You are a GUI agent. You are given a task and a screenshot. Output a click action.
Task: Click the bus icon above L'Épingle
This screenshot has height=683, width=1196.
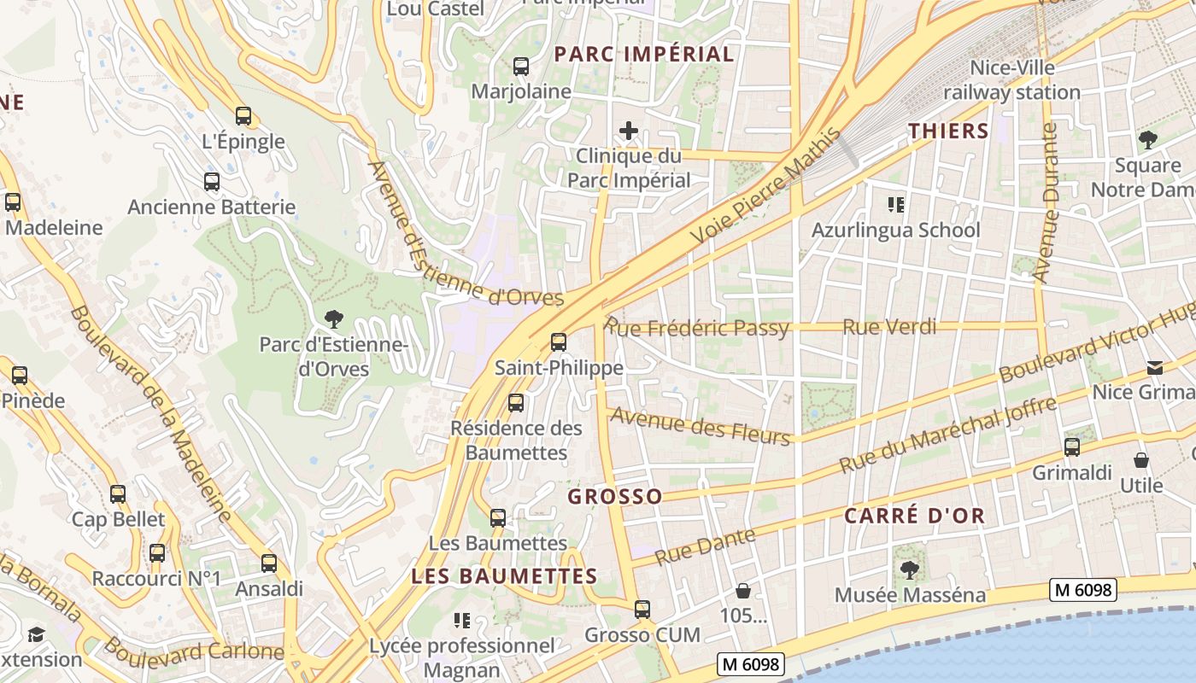[243, 116]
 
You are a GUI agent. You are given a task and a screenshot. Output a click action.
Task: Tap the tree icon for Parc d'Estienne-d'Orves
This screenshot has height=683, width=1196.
[334, 319]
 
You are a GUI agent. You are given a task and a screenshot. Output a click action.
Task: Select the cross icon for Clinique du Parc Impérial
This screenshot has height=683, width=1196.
[629, 131]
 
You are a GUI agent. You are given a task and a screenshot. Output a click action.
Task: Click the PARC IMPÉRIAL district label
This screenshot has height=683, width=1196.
[644, 55]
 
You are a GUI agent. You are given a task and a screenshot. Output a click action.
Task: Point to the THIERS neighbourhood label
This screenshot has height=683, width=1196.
[948, 131]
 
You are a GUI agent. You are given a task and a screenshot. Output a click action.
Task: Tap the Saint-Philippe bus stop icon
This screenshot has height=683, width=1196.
[559, 342]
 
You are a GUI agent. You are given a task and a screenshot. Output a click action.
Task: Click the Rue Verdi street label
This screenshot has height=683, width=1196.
[888, 327]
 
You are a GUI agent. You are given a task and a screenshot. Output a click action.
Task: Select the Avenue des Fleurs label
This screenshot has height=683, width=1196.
[701, 426]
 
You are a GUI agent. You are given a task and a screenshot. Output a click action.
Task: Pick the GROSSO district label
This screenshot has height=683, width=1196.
[615, 497]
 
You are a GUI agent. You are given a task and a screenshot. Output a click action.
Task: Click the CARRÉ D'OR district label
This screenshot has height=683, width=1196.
[915, 516]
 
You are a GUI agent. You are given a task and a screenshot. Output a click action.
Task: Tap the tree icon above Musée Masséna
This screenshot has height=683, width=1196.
[910, 569]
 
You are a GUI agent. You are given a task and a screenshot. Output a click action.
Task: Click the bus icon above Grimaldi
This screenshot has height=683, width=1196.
[1072, 447]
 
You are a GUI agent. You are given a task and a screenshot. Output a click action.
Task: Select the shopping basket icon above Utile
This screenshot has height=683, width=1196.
[1141, 461]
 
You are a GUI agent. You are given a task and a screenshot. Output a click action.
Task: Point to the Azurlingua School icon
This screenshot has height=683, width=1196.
[895, 205]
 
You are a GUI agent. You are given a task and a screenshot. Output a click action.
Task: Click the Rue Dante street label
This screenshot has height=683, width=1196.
[705, 546]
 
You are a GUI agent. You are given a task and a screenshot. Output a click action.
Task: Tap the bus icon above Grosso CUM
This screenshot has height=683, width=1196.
[642, 610]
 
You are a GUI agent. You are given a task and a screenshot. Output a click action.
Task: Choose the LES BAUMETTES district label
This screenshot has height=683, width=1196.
[504, 576]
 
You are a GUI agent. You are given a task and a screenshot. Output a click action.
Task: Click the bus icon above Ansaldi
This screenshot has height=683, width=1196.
[269, 563]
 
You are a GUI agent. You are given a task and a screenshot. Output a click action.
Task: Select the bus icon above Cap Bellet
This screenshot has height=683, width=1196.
[118, 494]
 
